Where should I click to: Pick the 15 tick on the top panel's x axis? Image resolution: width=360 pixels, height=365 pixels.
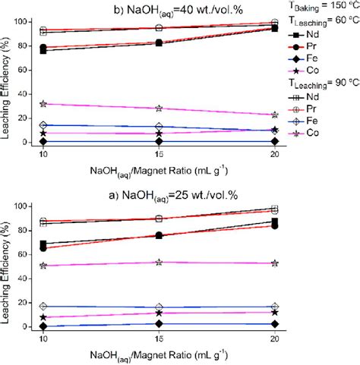point(158,153)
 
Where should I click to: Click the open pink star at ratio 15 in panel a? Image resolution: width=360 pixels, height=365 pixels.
point(158,263)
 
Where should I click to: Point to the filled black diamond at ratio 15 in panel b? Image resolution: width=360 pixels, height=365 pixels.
point(158,141)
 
